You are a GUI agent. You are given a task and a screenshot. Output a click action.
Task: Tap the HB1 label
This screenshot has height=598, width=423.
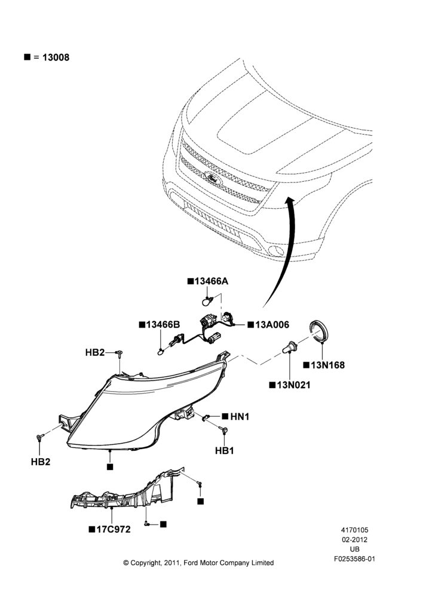click(x=225, y=451)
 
